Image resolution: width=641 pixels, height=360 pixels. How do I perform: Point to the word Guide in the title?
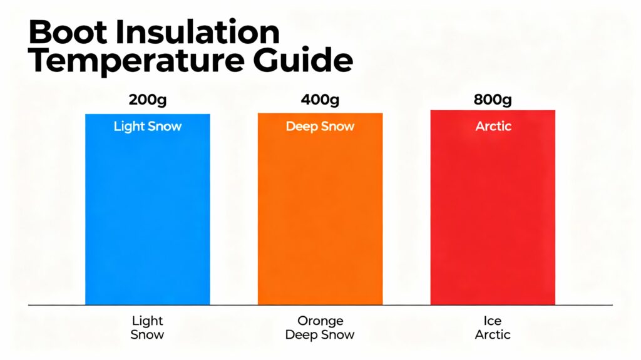point(305,61)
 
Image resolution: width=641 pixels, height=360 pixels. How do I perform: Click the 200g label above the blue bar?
point(148,100)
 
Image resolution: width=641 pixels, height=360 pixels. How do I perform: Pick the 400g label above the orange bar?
point(320,100)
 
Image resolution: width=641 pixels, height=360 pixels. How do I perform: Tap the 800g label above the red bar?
point(493,100)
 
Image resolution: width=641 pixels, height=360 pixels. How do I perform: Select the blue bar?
point(148,213)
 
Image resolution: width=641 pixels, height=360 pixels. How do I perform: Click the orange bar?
point(320,213)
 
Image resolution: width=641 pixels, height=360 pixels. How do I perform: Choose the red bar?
point(493,213)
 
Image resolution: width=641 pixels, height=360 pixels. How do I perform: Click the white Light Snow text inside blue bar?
point(148,126)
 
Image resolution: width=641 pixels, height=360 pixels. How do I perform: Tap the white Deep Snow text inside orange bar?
point(320,126)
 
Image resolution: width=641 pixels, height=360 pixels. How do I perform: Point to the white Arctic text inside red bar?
point(493,126)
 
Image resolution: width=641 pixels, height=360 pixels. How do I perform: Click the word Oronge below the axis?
point(320,321)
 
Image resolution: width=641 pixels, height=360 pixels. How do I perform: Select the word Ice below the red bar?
point(493,321)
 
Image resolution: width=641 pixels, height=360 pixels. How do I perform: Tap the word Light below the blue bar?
point(148,321)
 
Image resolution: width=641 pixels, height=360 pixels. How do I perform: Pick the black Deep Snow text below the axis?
point(320,335)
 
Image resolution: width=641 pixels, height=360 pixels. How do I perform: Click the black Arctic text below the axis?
point(493,335)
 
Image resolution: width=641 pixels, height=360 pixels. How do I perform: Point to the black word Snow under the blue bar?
point(148,335)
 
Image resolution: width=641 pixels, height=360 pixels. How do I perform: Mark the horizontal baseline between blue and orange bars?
point(234,305)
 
